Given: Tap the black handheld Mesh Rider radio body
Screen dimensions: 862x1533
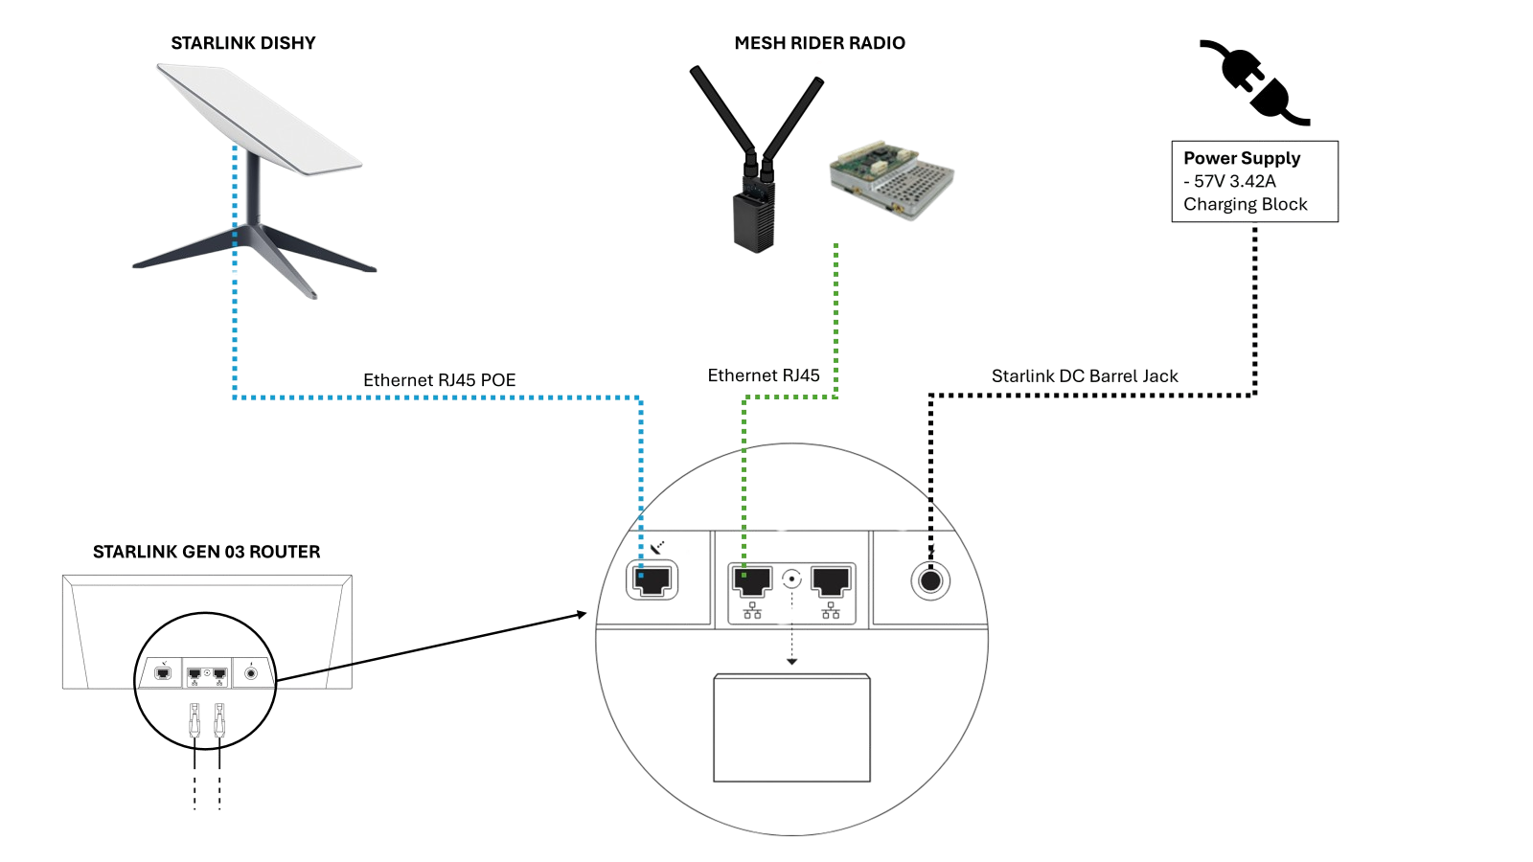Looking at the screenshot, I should (x=754, y=219).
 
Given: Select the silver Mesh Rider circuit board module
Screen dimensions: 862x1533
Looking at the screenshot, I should (x=891, y=180).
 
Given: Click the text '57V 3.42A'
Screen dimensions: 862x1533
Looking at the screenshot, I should (x=1236, y=181).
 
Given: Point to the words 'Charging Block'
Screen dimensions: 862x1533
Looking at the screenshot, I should (x=1246, y=204).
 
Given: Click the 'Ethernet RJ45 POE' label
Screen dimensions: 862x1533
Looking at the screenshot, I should (x=440, y=380).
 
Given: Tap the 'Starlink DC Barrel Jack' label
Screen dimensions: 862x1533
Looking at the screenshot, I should (x=1085, y=375).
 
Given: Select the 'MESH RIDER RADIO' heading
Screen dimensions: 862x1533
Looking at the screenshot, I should (x=819, y=43).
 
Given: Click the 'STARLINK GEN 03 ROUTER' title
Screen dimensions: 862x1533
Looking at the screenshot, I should (x=207, y=552).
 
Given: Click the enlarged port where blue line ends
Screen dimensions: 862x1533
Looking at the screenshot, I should (x=652, y=580).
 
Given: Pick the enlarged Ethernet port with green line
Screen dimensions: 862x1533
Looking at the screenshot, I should (x=751, y=579).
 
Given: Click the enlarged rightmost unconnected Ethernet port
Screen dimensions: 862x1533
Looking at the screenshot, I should (x=831, y=579).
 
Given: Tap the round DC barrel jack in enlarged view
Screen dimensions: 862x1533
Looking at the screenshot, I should (x=930, y=580).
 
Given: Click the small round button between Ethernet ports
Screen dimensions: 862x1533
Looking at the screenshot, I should (x=791, y=578).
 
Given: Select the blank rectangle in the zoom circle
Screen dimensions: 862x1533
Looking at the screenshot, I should (x=791, y=728).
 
